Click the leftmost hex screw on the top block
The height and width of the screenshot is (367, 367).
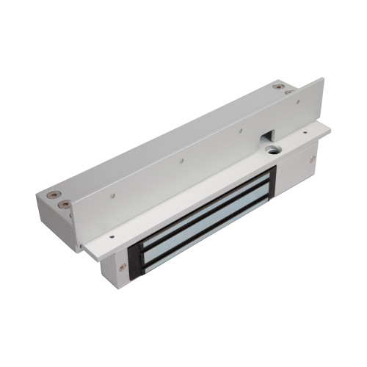click(x=51, y=195)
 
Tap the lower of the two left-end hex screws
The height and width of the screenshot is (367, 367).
click(x=65, y=204)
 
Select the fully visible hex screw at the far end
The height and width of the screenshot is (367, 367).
click(x=277, y=87)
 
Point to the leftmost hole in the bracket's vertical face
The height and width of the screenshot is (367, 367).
click(x=112, y=196)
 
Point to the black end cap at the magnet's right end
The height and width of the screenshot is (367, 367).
click(x=270, y=184)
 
